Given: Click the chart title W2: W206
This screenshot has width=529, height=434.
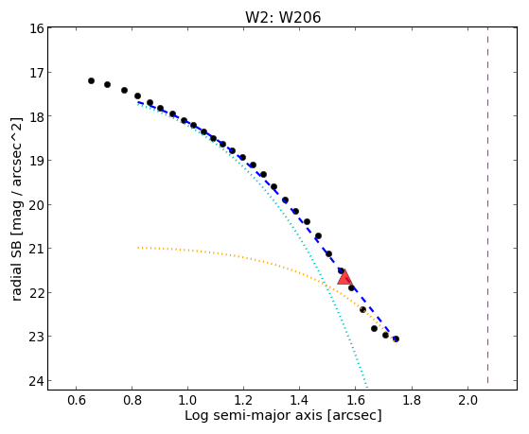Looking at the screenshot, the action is tap(283, 17).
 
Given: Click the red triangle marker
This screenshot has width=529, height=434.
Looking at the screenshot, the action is tap(344, 277).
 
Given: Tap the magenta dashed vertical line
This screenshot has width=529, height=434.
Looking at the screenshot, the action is tap(488, 205).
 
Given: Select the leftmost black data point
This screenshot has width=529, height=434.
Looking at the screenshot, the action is tap(91, 81).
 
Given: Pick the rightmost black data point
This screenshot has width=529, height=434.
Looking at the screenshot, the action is tap(397, 339).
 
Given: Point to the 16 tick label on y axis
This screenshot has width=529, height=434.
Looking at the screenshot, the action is tap(37, 28).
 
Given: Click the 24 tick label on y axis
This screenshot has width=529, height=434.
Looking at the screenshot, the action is tap(37, 381).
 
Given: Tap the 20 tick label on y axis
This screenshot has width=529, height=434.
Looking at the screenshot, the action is tap(37, 204).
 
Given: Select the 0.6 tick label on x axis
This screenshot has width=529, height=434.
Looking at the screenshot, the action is tap(77, 400).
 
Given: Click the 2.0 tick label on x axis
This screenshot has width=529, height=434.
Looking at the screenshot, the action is tap(467, 400).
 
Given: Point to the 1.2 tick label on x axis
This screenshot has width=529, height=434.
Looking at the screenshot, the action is tap(243, 400).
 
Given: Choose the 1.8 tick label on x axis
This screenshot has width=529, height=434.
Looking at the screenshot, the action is tap(412, 400).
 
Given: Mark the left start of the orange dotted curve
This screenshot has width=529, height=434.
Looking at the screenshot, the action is tap(138, 248).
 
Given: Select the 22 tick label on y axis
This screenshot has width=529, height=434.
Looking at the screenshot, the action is tap(37, 293).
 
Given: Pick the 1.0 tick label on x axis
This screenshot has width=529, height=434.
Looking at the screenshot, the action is tap(187, 400).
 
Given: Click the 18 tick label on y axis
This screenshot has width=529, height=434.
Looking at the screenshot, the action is tap(37, 116).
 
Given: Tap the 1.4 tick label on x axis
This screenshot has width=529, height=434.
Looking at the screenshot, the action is tap(299, 400).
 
